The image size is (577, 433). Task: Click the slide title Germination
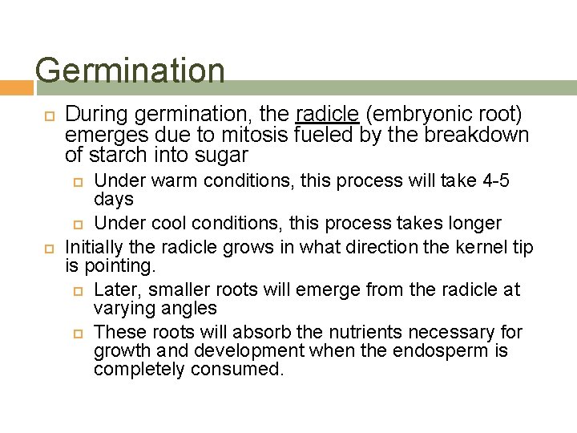coord(130,71)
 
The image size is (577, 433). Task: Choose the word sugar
coord(225,155)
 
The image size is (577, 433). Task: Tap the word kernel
coord(454,248)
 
